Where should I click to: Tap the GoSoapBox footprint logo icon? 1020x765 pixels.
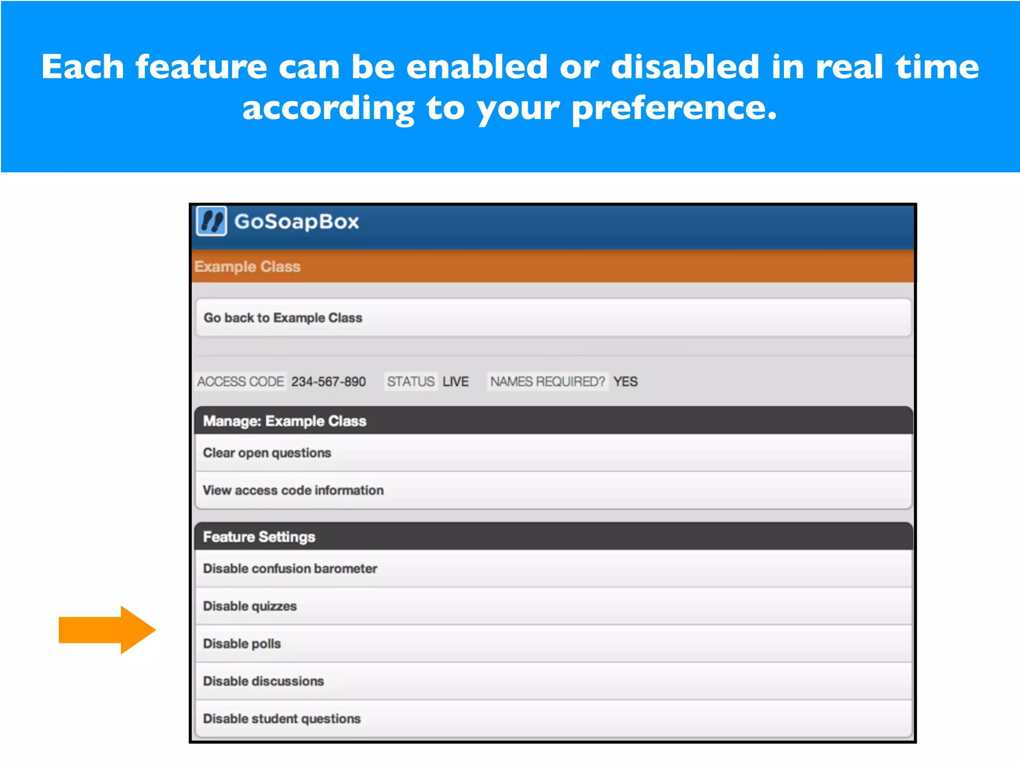point(212,221)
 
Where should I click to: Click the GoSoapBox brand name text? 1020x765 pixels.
point(296,222)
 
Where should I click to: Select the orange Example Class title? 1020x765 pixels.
point(248,266)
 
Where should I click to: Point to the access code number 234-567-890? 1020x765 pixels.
point(328,382)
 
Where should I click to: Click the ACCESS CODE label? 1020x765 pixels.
point(241,382)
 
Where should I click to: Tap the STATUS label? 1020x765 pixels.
point(411,382)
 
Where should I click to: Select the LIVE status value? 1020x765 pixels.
point(456,382)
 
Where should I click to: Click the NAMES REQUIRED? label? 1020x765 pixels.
point(547,382)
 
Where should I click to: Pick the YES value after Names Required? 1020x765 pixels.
point(626,382)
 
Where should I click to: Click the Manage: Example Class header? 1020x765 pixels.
point(284,421)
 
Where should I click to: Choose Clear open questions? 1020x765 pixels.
point(267,453)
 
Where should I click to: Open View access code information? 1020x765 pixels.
point(293,490)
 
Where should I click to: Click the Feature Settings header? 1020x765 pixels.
point(259,537)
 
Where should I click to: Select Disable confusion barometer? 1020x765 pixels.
point(290,568)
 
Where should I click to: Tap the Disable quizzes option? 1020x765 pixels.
point(250,606)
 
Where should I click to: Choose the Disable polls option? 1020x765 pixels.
point(242,643)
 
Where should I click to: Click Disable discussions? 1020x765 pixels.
point(263,681)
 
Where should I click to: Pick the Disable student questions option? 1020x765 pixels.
point(282,719)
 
